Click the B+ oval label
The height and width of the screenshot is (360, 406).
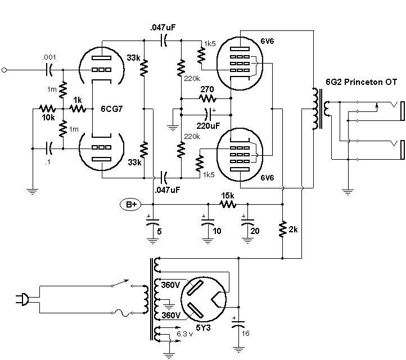click(131, 204)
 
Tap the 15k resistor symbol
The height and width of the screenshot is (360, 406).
click(228, 204)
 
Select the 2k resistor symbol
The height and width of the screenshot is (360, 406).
click(282, 229)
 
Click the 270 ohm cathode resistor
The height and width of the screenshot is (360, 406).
click(207, 98)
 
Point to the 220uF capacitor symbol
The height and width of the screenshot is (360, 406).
click(208, 115)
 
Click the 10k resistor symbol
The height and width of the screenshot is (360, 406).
click(47, 109)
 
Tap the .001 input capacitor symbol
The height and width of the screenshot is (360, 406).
click(49, 70)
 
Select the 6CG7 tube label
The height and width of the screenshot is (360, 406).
click(111, 109)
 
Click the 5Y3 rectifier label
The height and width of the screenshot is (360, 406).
click(203, 327)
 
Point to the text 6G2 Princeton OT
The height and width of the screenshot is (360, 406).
click(361, 82)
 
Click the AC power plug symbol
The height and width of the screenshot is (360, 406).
click(23, 299)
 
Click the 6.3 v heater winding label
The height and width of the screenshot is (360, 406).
click(184, 334)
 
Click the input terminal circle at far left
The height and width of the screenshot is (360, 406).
click(4, 70)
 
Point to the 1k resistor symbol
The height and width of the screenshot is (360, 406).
click(78, 109)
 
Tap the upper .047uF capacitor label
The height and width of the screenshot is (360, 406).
click(163, 27)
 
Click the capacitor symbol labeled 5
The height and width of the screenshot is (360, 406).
click(153, 222)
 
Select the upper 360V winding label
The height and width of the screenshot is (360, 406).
click(170, 285)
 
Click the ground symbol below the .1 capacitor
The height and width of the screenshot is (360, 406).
click(32, 192)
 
